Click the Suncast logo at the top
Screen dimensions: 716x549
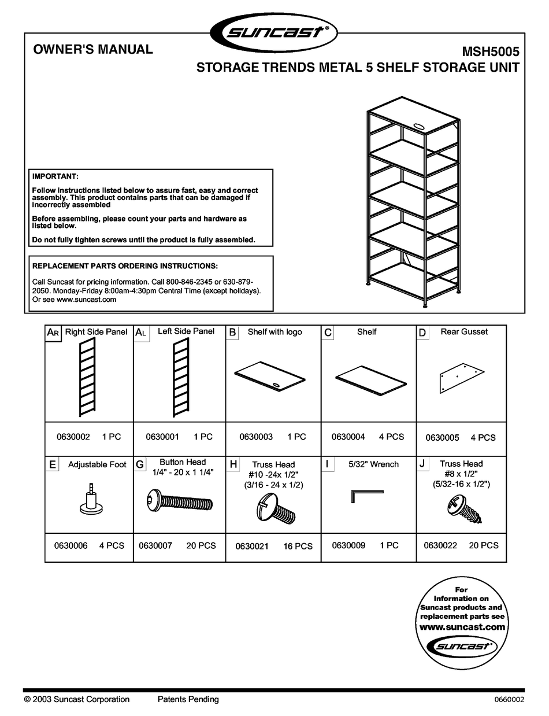coord(274,32)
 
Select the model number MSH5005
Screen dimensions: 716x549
coord(491,51)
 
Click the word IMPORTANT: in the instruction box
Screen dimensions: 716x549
coord(55,176)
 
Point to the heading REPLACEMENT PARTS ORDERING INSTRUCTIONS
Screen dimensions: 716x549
coord(125,266)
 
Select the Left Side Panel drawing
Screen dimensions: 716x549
coord(180,378)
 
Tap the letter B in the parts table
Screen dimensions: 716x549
coord(232,333)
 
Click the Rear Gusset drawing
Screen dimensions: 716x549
coord(461,379)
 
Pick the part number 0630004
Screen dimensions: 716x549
coord(348,437)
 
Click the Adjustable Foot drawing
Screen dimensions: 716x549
coord(90,499)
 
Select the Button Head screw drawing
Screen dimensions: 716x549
coord(180,501)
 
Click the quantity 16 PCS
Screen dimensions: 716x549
coord(298,546)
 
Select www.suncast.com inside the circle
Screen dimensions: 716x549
coord(462,627)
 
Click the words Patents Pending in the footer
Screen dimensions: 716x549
coord(188,699)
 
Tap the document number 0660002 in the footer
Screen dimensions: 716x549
coord(509,700)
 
